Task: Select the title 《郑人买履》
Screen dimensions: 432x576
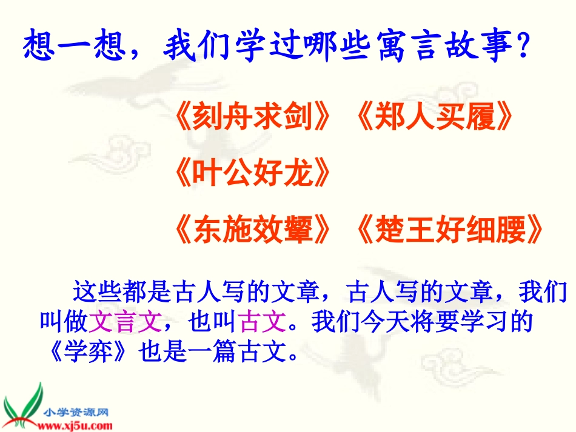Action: [x=432, y=118]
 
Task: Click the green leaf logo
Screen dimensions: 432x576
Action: [x=21, y=405]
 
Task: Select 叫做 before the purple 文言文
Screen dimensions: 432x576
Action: [x=63, y=321]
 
